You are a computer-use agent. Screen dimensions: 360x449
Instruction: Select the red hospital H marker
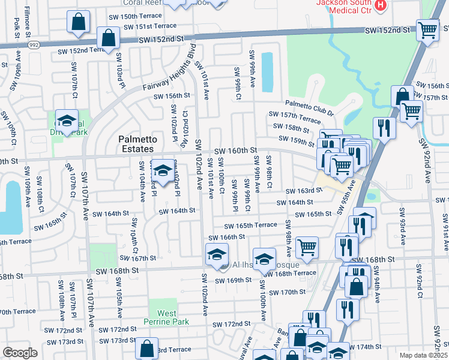tap(380, 6)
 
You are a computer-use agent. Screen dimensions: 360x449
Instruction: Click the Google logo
tap(20, 353)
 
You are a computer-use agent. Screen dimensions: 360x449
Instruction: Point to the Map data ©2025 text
tap(424, 355)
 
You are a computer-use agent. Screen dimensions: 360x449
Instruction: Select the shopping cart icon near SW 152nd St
tap(427, 28)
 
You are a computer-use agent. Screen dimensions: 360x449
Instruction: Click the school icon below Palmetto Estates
tap(161, 170)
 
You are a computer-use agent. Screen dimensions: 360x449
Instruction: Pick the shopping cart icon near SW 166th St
tap(307, 246)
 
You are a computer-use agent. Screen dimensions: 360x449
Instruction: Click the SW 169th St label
tap(231, 280)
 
